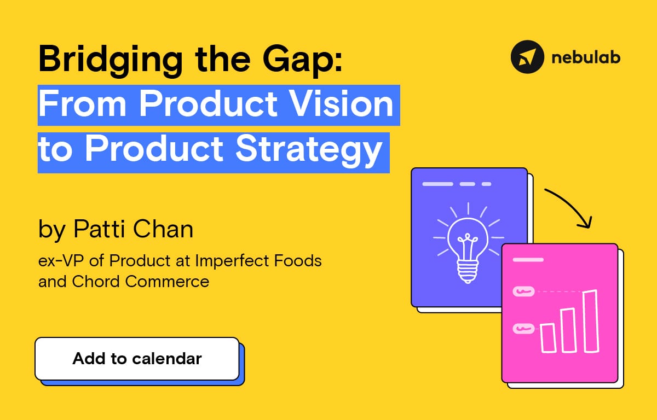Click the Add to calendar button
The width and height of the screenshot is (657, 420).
[137, 359]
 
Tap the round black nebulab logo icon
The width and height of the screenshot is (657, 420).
[527, 57]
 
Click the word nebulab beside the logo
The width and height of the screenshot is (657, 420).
[586, 57]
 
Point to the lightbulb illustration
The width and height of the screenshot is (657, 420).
[468, 243]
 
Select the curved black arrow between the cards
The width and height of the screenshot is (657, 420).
[574, 203]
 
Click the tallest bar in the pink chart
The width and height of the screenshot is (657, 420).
[590, 321]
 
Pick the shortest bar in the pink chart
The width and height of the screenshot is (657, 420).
[548, 338]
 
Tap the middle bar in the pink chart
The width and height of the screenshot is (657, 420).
[568, 330]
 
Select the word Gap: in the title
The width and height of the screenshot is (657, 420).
[303, 61]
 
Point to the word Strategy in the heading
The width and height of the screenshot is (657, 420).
[309, 150]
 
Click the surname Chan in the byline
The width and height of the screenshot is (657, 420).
[163, 229]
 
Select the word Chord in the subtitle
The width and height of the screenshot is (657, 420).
[96, 282]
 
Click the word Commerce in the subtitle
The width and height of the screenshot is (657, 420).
[167, 282]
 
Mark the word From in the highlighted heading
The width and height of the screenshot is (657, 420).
[83, 103]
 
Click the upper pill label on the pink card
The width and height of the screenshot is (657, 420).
[523, 291]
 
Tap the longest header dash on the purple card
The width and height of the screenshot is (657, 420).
[437, 184]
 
